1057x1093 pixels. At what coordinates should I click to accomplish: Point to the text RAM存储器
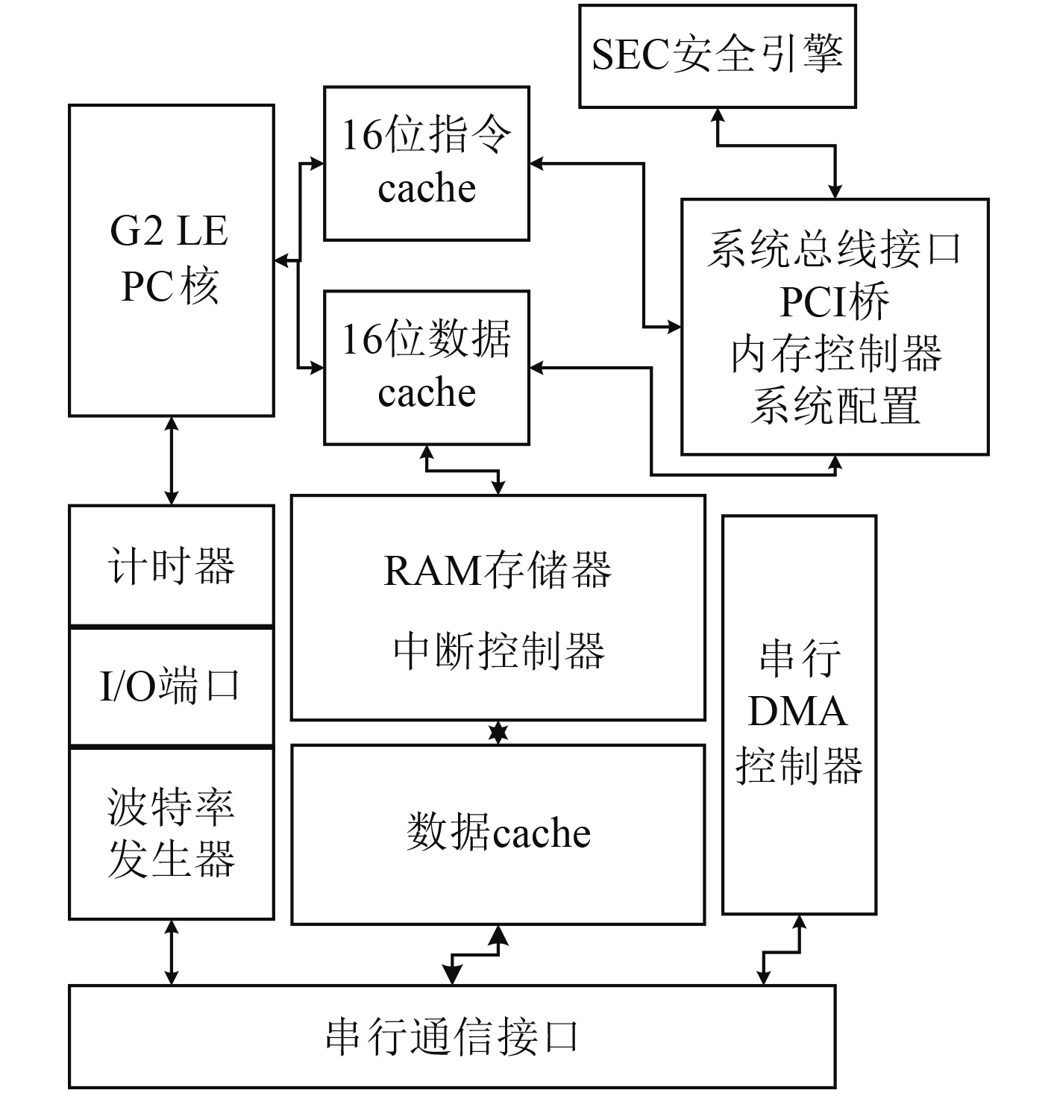point(498,571)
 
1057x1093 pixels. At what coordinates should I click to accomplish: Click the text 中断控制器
point(499,651)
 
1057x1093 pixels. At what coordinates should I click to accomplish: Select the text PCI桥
point(835,301)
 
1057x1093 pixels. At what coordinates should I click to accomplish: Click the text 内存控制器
point(835,354)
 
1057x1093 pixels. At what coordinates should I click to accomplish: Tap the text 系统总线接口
point(835,249)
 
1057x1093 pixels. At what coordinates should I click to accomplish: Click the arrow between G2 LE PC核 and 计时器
point(172,461)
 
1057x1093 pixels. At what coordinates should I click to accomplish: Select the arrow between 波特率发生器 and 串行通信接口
point(172,953)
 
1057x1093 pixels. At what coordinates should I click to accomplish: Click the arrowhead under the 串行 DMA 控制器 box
point(799,923)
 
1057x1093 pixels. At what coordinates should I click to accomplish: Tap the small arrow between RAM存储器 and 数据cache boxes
point(498,733)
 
